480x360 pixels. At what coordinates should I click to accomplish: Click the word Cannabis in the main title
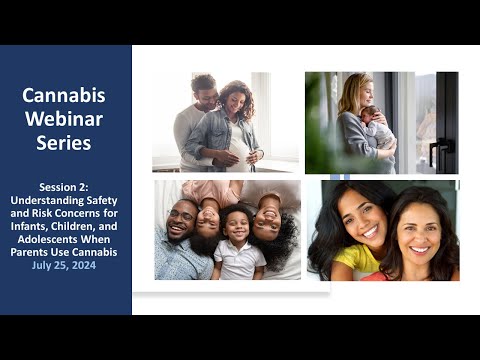point(64,95)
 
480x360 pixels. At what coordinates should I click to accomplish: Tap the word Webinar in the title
point(64,119)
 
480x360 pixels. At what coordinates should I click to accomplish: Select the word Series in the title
point(64,143)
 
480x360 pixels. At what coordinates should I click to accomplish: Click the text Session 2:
point(64,187)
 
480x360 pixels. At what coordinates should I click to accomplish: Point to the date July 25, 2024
point(64,265)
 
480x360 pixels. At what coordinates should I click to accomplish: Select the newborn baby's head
point(369,114)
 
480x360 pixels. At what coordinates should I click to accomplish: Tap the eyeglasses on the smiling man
point(182,215)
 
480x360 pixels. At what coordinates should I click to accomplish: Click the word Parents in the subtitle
point(29,252)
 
